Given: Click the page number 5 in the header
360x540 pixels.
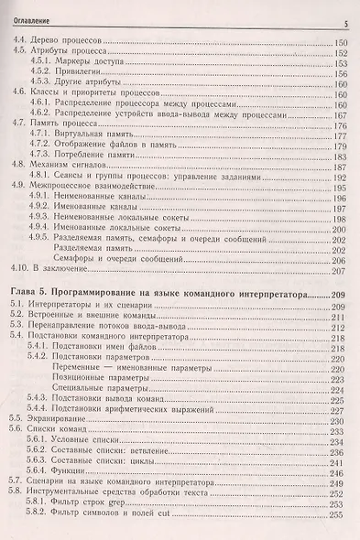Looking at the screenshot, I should (x=345, y=22).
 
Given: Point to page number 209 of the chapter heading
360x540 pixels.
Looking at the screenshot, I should (x=340, y=296).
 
